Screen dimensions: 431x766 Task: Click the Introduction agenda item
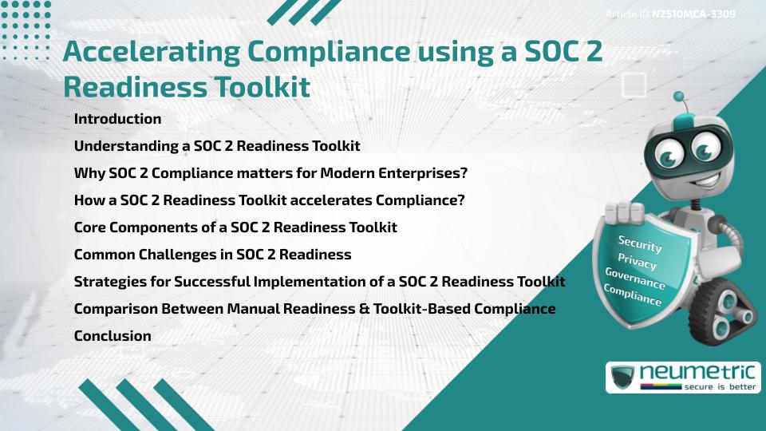(117, 119)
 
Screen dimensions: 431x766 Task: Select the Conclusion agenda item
(113, 336)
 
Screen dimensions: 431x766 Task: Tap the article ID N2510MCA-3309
(693, 14)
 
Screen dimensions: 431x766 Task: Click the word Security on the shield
(640, 244)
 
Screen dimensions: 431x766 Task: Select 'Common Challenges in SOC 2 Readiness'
(212, 255)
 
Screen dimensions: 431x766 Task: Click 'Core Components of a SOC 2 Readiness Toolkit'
(235, 227)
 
